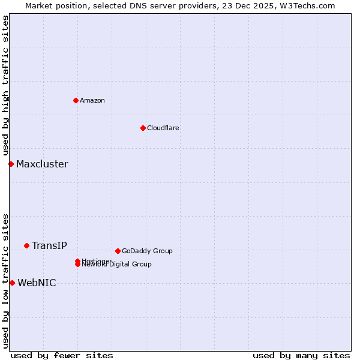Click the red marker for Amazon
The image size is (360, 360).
click(x=76, y=100)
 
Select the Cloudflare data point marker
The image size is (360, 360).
click(x=143, y=128)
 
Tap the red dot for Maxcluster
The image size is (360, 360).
click(x=11, y=164)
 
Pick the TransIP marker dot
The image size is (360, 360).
click(x=26, y=245)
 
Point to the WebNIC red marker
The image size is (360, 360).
click(x=12, y=283)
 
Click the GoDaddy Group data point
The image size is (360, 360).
click(x=118, y=251)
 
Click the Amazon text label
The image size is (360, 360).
click(x=92, y=100)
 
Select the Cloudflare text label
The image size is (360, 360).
click(x=163, y=128)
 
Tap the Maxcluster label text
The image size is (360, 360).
click(x=42, y=164)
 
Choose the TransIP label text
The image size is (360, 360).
click(x=49, y=245)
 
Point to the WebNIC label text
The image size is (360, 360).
click(x=37, y=283)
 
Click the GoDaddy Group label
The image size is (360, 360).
click(x=147, y=251)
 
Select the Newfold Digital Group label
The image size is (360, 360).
click(x=118, y=265)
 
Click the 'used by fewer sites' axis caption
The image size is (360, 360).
click(x=62, y=355)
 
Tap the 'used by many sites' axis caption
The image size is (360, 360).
click(x=301, y=355)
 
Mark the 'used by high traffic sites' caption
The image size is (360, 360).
click(x=6, y=86)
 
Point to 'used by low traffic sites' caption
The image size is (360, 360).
click(x=6, y=280)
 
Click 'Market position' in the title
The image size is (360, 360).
click(x=52, y=5)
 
